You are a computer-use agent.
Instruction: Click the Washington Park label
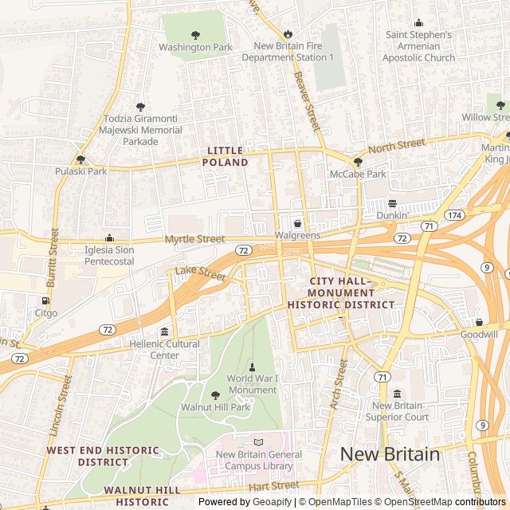pyautogui.click(x=195, y=47)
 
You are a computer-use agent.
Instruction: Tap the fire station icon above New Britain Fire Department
pyautogui.click(x=288, y=34)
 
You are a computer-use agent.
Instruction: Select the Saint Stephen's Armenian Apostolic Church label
pyautogui.click(x=419, y=46)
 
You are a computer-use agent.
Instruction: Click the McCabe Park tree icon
pyautogui.click(x=358, y=162)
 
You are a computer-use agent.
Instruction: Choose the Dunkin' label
pyautogui.click(x=391, y=215)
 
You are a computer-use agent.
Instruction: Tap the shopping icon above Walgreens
pyautogui.click(x=297, y=223)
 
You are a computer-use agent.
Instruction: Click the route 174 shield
pyautogui.click(x=454, y=215)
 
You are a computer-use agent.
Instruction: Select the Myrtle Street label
pyautogui.click(x=194, y=239)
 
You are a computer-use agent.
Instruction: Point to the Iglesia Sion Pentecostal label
pyautogui.click(x=110, y=255)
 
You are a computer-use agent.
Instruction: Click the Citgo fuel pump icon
pyautogui.click(x=45, y=300)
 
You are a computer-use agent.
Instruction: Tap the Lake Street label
pyautogui.click(x=201, y=273)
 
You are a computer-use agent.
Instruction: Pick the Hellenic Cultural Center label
pyautogui.click(x=165, y=349)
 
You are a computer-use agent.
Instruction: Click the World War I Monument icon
pyautogui.click(x=253, y=367)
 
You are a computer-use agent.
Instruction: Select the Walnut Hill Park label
pyautogui.click(x=215, y=407)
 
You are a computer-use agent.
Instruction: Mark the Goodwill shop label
pyautogui.click(x=479, y=335)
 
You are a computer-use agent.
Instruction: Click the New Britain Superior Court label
pyautogui.click(x=397, y=410)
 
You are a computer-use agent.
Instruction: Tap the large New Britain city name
pyautogui.click(x=390, y=454)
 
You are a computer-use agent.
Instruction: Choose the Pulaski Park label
pyautogui.click(x=80, y=171)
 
